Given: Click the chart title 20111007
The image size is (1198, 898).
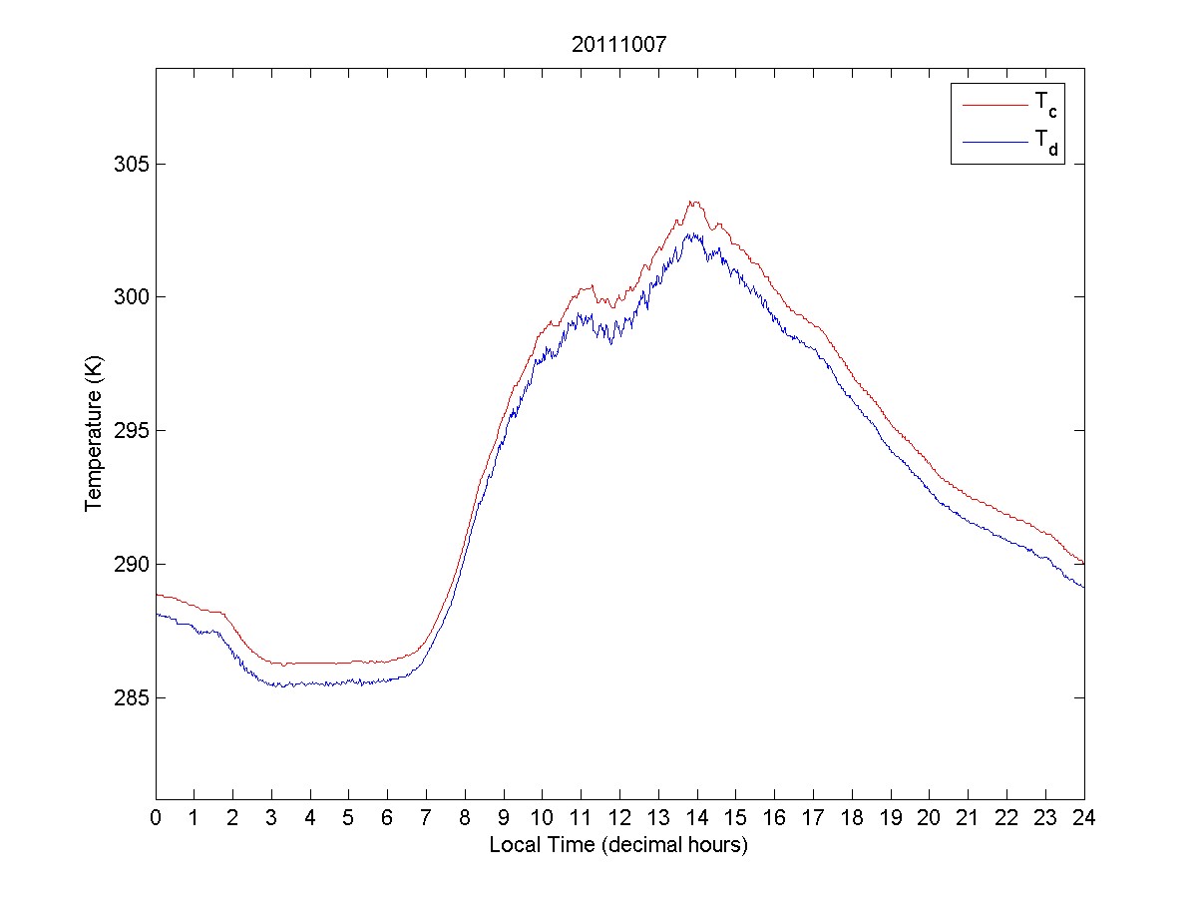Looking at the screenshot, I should tap(618, 45).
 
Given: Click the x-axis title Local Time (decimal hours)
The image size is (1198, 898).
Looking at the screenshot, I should tap(618, 845).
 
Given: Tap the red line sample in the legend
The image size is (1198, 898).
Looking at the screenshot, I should tap(994, 104).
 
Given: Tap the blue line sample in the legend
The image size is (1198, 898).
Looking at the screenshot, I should tap(994, 143).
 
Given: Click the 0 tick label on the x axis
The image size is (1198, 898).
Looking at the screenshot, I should tap(156, 818).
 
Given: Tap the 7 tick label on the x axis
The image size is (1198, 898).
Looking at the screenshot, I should tap(426, 818).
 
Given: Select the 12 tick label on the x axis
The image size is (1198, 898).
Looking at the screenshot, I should tap(619, 818).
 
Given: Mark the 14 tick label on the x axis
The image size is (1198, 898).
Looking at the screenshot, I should tap(697, 818).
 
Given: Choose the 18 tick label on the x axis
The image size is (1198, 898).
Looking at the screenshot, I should tap(852, 818).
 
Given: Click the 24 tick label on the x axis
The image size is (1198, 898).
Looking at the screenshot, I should tap(1083, 818).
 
